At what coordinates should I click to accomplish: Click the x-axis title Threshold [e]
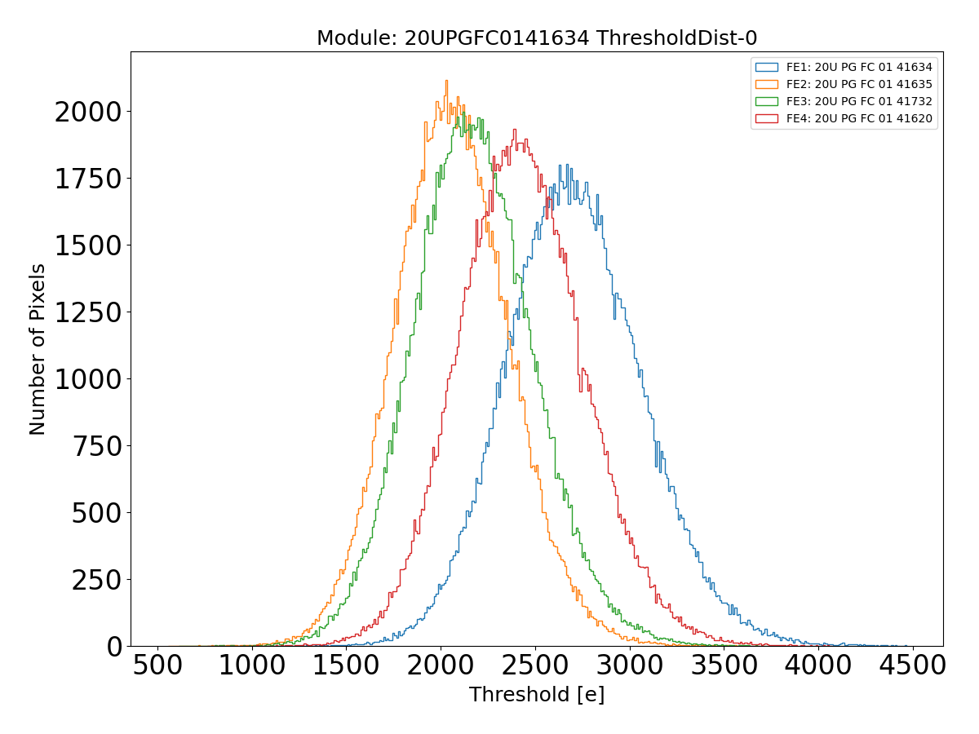tap(537, 695)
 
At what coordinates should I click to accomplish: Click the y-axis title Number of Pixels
tap(38, 349)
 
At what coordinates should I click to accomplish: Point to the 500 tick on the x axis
tap(157, 665)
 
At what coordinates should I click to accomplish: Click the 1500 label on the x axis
tap(346, 665)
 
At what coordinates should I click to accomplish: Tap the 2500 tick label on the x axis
tap(535, 665)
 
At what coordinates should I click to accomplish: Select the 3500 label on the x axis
tap(724, 665)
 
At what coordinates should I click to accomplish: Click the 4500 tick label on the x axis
tap(912, 665)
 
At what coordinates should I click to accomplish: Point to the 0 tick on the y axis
tap(114, 647)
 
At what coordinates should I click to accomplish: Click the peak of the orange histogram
tap(446, 81)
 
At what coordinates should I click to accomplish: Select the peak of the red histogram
tap(514, 129)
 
